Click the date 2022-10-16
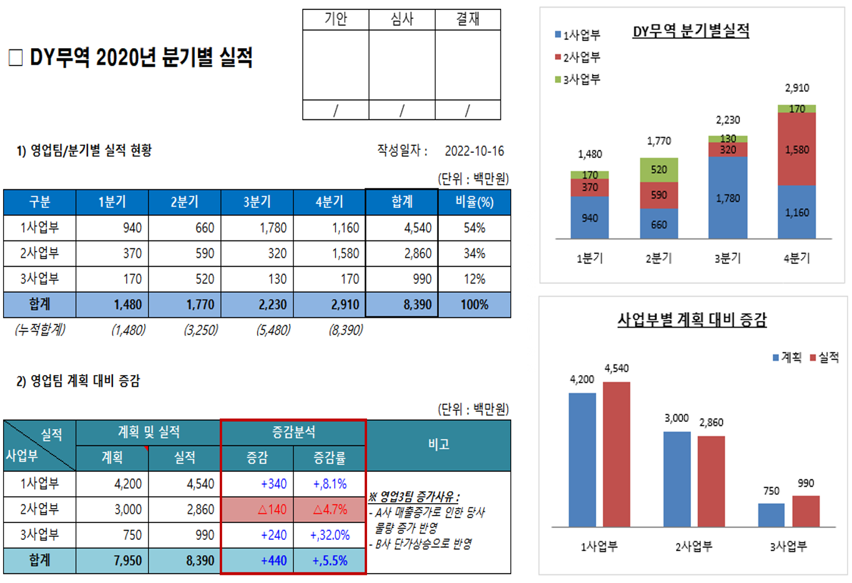(474, 151)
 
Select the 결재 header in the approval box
(468, 19)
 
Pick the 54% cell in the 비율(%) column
(474, 228)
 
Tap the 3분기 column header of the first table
(257, 202)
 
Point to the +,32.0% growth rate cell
(330, 535)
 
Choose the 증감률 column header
(330, 458)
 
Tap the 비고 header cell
(438, 444)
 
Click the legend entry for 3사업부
(577, 79)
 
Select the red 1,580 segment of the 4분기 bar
(796, 150)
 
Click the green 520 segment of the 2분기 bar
(659, 170)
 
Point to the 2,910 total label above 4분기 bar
(797, 88)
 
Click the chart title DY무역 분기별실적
(691, 31)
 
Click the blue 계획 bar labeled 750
(771, 515)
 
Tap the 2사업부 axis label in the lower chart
(693, 547)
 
